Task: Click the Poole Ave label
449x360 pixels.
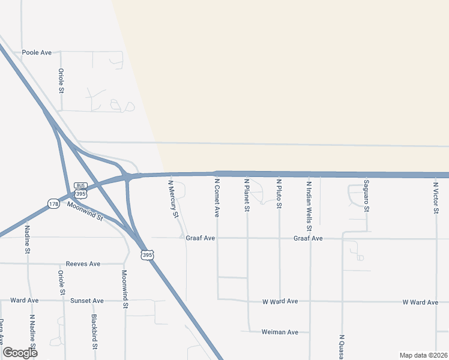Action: tap(37, 53)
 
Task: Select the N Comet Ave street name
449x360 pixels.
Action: tap(217, 197)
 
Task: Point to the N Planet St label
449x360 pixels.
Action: tap(247, 194)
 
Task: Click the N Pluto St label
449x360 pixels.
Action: tap(279, 193)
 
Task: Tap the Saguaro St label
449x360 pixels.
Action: tap(366, 195)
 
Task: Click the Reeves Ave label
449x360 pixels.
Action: tap(83, 264)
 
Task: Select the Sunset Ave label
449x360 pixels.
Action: tap(87, 301)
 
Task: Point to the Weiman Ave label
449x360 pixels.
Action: tap(280, 332)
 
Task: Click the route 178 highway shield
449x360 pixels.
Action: tap(53, 205)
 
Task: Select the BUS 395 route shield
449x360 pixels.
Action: tap(81, 190)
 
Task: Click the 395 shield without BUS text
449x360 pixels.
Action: tap(147, 255)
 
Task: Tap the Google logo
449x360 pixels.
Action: tap(20, 352)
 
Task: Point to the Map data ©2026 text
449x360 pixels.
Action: tap(423, 355)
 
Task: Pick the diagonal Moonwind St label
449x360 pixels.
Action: tap(85, 211)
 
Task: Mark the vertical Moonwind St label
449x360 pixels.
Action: tap(125, 289)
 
